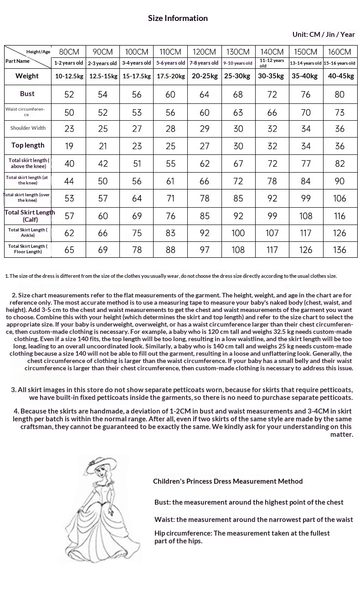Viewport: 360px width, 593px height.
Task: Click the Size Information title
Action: (178, 18)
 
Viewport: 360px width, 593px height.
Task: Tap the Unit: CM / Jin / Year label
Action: (324, 35)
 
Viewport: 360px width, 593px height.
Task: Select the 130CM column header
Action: (238, 52)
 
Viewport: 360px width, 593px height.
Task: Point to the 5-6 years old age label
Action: (170, 63)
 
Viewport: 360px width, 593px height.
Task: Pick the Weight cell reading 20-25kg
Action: (204, 76)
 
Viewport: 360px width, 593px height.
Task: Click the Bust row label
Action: (27, 94)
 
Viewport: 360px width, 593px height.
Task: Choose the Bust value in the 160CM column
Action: (339, 94)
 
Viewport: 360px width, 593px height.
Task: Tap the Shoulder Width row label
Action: (28, 128)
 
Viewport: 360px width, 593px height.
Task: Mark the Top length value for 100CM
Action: (137, 146)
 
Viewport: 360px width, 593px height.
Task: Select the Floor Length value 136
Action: (339, 250)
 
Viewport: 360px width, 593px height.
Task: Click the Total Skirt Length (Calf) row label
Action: (30, 216)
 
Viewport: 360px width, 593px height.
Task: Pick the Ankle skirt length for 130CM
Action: (238, 233)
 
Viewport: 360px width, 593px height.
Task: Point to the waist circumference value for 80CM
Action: (69, 112)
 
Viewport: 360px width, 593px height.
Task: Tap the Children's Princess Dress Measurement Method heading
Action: (227, 481)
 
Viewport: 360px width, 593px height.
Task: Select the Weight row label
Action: (27, 76)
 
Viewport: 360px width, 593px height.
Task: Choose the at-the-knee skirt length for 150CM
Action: (306, 181)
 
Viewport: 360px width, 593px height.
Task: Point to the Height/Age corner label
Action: (38, 51)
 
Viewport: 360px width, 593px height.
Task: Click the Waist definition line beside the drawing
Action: (253, 519)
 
